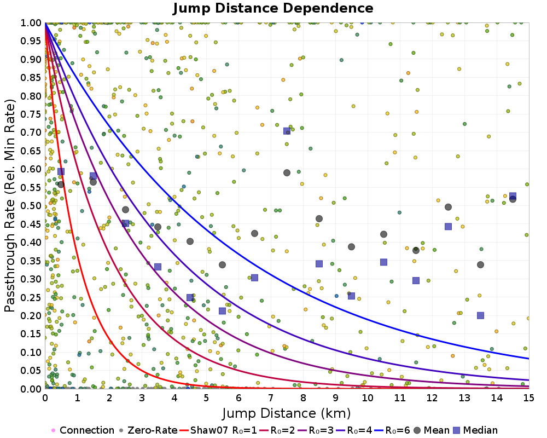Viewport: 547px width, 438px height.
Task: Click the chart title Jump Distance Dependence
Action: [273, 9]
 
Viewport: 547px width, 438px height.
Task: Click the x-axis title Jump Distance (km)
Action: [287, 412]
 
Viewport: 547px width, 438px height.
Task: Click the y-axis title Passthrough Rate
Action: [10, 205]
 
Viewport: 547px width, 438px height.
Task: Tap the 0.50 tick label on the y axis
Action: [31, 206]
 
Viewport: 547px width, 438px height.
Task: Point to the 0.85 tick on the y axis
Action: [31, 78]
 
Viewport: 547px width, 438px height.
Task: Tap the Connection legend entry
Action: [82, 430]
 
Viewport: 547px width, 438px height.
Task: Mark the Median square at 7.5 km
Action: [287, 131]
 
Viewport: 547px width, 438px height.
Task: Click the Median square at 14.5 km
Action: [513, 196]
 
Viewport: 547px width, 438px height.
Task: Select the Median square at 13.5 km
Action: [480, 315]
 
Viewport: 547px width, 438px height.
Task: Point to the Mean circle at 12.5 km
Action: [448, 207]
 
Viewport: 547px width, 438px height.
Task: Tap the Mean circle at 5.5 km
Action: [222, 265]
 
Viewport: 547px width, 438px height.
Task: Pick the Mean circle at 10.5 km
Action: [383, 234]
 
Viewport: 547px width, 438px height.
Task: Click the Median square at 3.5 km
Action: [158, 267]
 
